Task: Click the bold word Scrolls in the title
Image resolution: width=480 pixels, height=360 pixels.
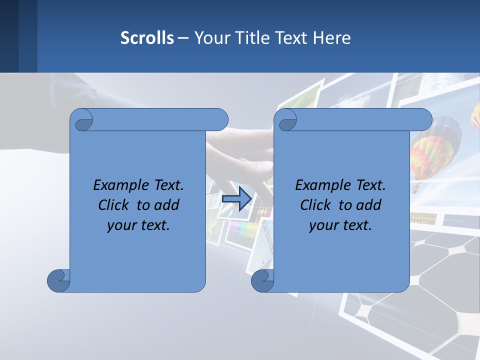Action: click(147, 38)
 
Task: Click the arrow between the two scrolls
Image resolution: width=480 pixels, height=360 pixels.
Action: click(236, 198)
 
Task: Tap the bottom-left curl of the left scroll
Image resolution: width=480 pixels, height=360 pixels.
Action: click(59, 280)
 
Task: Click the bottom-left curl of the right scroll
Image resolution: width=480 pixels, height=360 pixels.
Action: click(262, 280)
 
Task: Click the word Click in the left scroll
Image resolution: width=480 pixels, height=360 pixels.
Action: click(114, 205)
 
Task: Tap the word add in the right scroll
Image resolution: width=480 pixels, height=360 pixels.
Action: click(369, 205)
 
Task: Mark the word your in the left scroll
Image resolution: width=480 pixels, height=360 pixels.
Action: click(120, 225)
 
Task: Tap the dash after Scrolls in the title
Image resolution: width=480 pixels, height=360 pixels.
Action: click(183, 38)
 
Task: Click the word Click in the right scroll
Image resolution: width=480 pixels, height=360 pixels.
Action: click(315, 205)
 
